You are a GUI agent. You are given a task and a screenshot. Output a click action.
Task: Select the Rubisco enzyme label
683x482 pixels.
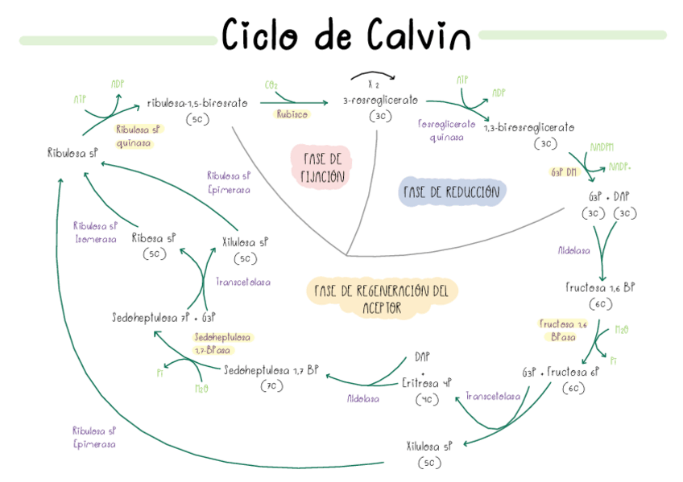point(292,114)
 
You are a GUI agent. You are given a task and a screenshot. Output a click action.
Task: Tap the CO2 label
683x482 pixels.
point(271,84)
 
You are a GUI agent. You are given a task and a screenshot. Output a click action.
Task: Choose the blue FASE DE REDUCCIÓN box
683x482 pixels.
point(451,192)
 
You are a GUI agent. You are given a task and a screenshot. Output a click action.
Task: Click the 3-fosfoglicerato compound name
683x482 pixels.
point(380,101)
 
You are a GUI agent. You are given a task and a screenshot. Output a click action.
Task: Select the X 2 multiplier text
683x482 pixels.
point(373,84)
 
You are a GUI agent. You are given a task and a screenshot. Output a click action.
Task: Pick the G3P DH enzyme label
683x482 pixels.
point(565,172)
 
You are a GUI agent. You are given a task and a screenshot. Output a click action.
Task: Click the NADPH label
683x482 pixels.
point(601,147)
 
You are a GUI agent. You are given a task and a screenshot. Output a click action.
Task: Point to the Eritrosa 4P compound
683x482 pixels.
point(427,383)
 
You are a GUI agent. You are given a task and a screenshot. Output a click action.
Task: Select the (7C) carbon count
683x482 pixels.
point(271,386)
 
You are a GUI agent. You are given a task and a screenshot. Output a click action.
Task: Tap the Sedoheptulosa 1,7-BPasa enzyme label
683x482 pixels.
point(221,344)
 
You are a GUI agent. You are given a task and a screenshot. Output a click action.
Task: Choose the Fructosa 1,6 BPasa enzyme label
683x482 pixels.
point(563,330)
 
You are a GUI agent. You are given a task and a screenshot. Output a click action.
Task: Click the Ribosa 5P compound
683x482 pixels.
point(153,239)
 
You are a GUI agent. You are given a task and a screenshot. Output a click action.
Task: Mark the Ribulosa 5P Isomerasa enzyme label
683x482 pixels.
point(95,233)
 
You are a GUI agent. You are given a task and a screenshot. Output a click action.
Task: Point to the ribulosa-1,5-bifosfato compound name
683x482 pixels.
point(197,103)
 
